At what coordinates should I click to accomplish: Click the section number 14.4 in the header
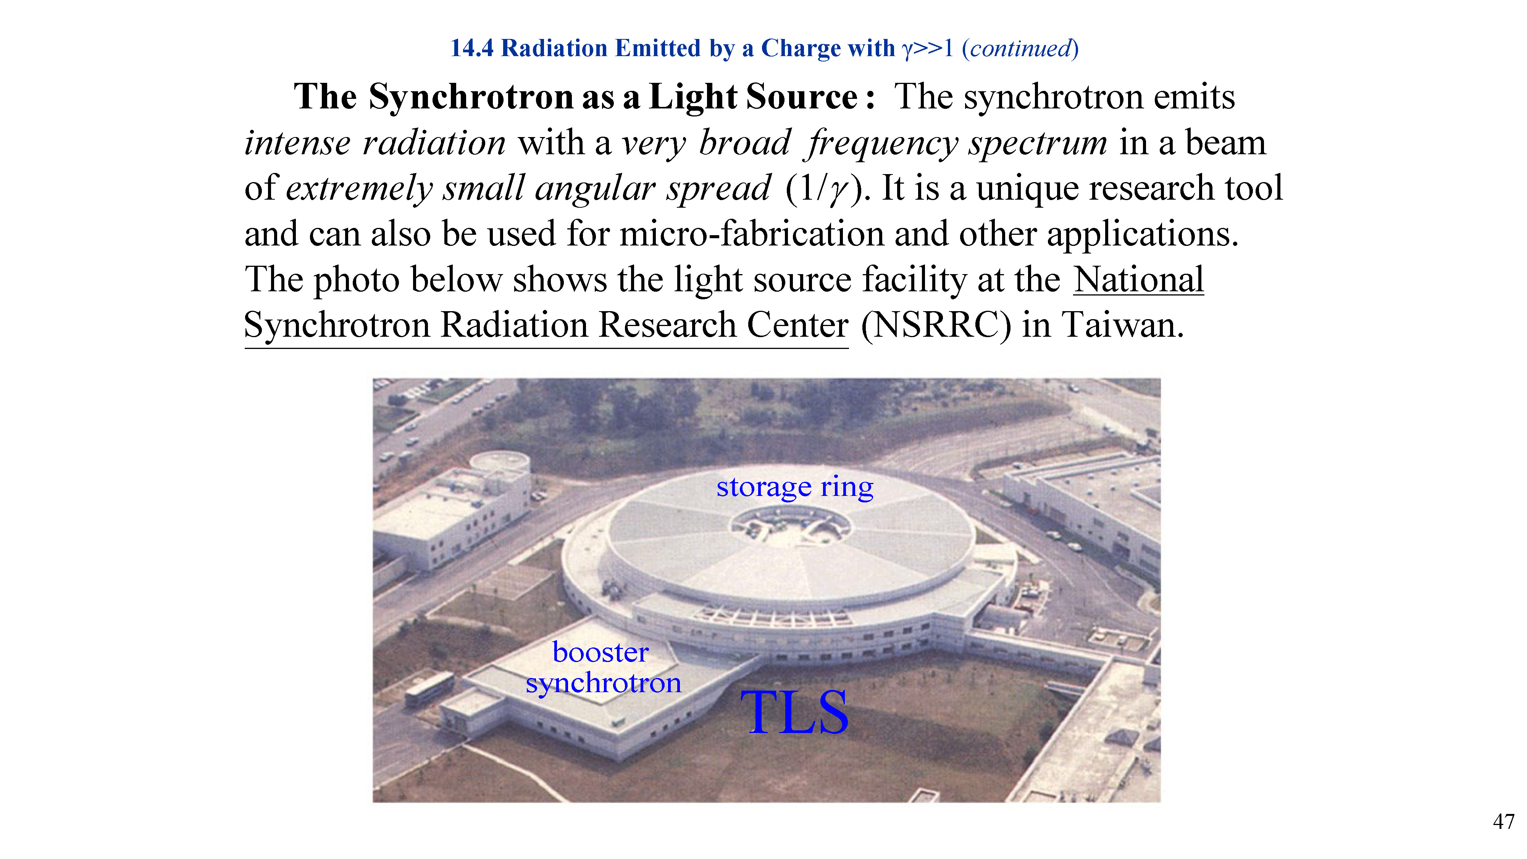coord(472,48)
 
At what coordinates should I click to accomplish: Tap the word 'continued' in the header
coord(1020,48)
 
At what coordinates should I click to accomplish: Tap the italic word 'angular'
coord(594,189)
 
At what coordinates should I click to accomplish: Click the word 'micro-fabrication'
coord(752,234)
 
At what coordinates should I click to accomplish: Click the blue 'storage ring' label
coord(794,487)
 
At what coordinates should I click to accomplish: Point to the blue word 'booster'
coord(600,652)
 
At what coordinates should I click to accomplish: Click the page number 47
coord(1503,822)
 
